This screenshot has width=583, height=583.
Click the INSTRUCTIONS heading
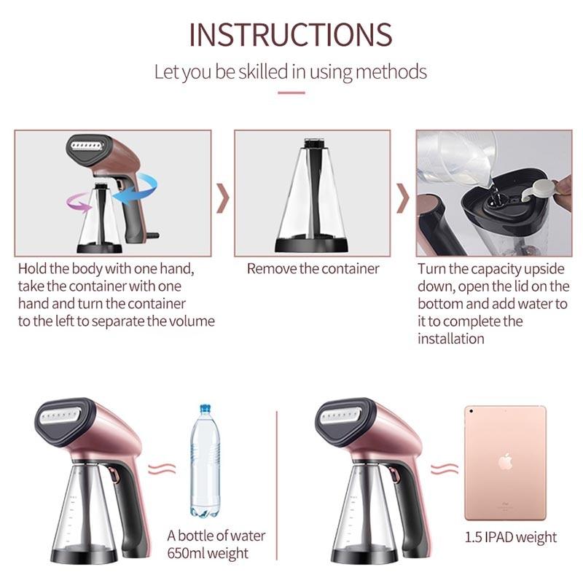(x=291, y=34)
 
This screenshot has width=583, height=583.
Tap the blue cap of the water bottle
(x=206, y=409)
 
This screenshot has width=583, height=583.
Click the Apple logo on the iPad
(x=506, y=461)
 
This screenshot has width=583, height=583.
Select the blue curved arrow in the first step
(x=137, y=188)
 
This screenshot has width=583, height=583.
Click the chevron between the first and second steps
(x=223, y=197)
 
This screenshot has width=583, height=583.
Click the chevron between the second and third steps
(x=403, y=197)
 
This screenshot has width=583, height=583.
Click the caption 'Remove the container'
(x=313, y=268)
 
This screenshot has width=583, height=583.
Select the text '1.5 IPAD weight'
(x=511, y=537)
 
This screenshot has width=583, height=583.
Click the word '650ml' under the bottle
(x=184, y=553)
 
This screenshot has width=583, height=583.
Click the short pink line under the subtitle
(x=291, y=93)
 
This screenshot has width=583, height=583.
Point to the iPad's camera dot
(x=471, y=411)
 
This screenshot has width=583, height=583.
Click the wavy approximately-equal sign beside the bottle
(x=162, y=469)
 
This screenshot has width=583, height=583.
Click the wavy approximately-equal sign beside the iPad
(x=445, y=469)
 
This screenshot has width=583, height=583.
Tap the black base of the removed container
(x=312, y=246)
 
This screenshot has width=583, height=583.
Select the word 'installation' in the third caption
(x=450, y=339)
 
